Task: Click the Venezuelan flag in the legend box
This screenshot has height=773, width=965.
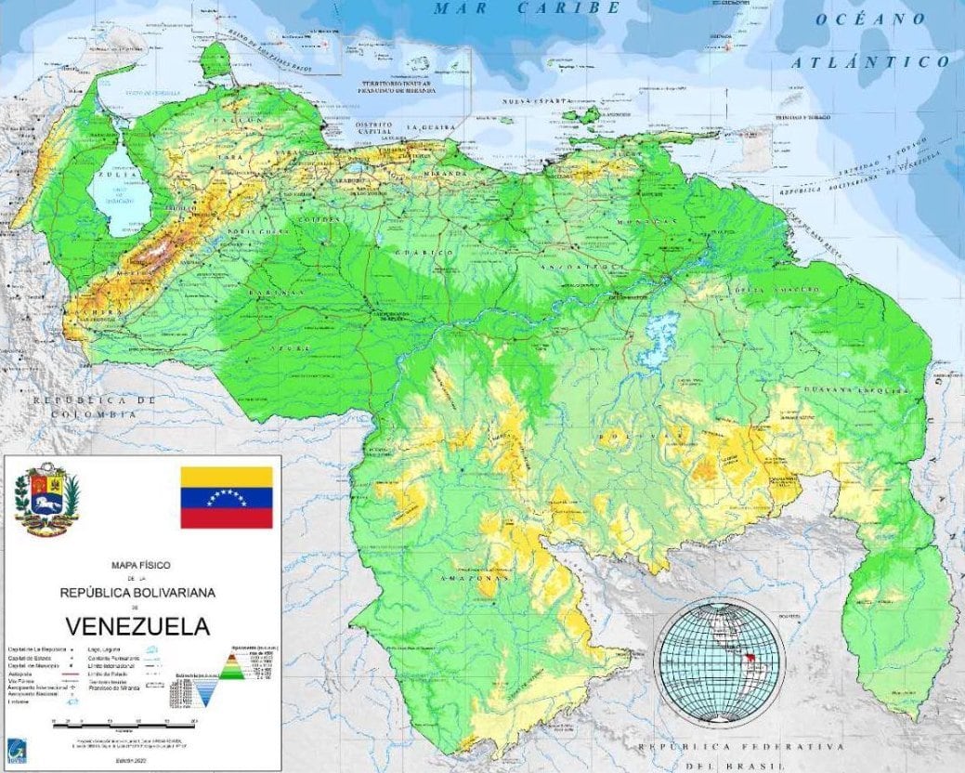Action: coord(226,497)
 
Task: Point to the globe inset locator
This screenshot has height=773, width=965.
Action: coord(720,662)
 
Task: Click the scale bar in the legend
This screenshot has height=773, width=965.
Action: coord(125,721)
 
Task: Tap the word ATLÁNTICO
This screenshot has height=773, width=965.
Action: coord(870,62)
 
